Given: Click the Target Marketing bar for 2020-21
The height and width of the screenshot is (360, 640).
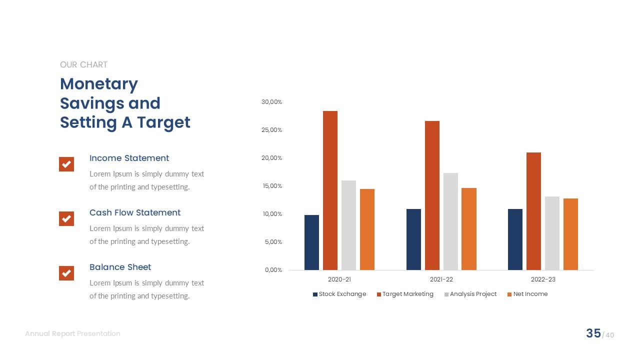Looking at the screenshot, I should (330, 190).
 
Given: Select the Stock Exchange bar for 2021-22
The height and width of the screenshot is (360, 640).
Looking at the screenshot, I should (413, 239).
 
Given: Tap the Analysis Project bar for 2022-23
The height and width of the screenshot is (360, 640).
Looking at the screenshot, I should (552, 233).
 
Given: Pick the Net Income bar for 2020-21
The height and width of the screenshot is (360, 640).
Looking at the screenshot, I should (367, 229).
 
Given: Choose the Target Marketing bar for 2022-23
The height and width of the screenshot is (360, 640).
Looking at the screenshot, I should (533, 211).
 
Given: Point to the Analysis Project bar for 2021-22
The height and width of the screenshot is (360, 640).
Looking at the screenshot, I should (450, 221).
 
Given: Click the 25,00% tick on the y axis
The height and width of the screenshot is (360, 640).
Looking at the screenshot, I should (272, 130).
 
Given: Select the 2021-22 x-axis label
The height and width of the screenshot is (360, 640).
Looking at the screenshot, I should (441, 279).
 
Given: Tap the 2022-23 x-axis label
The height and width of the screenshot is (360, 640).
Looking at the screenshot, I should (543, 279).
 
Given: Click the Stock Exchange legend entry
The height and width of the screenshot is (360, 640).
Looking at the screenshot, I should (339, 294).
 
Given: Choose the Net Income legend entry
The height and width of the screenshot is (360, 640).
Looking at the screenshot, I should (527, 294).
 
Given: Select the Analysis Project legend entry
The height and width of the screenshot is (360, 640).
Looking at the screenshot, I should (470, 294).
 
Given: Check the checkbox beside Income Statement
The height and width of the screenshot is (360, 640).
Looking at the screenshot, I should (66, 164).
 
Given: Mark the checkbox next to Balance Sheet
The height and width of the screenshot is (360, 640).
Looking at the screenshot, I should (66, 273).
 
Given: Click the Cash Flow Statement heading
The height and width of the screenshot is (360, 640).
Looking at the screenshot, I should (135, 212).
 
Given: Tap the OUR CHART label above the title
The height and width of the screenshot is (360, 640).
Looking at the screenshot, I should (83, 64).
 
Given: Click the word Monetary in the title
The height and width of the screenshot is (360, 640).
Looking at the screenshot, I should (99, 83).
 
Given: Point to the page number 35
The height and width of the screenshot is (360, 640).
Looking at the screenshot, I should (593, 333).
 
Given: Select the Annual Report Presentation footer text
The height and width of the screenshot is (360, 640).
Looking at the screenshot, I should (72, 333).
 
